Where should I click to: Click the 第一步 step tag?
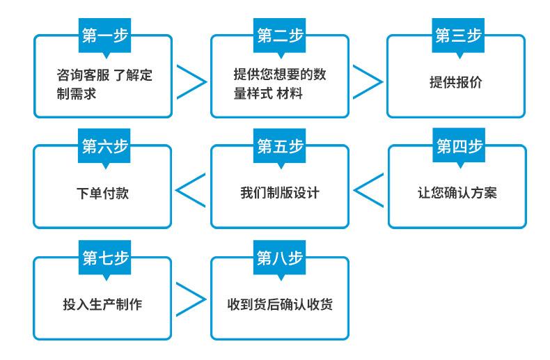pos(104,36)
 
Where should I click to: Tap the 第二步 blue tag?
pos(280,36)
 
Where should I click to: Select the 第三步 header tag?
pos(458,36)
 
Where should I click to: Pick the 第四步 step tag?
pos(459,146)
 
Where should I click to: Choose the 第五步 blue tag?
pos(280,146)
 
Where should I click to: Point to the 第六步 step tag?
pos(104,146)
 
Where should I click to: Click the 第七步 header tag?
pos(104,258)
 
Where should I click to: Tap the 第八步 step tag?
pos(280,258)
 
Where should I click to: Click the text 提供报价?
pos(455,82)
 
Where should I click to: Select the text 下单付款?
pos(103,194)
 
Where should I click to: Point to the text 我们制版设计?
pos(280,193)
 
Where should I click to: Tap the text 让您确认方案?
pos(457,193)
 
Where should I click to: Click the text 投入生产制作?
pos(102,304)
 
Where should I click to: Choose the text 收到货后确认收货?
pos(280,304)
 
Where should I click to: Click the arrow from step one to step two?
pos(206,82)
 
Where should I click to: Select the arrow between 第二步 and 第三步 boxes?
pos(382,82)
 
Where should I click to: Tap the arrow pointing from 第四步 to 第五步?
pos(354,190)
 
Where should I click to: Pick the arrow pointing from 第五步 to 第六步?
pos(176,190)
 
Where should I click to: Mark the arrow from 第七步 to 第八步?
pos(205,299)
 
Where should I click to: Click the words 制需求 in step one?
pos(77,94)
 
